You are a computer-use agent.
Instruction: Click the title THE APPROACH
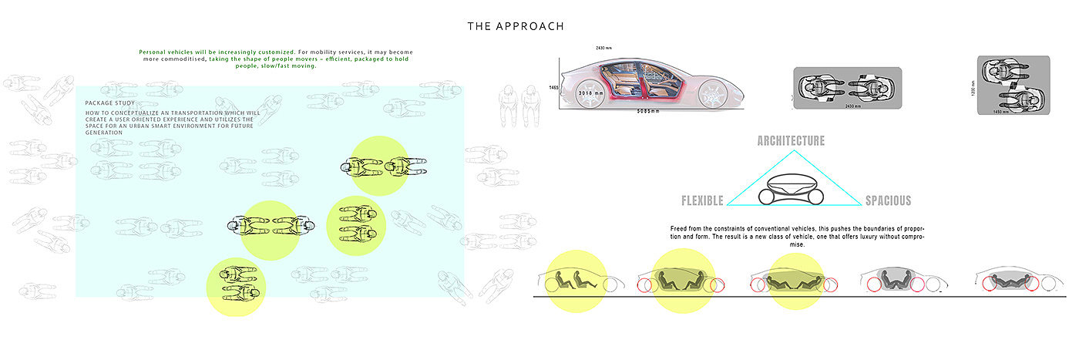[516, 26]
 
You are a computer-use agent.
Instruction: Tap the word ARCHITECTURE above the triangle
[791, 141]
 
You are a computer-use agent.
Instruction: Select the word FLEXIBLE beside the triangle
[702, 201]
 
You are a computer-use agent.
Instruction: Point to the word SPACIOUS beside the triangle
[888, 201]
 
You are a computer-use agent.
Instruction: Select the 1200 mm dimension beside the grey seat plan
[973, 86]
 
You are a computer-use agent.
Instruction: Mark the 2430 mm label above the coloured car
[604, 48]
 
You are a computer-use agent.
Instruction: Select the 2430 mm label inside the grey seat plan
[845, 106]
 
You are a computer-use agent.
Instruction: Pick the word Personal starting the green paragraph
[154, 52]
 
